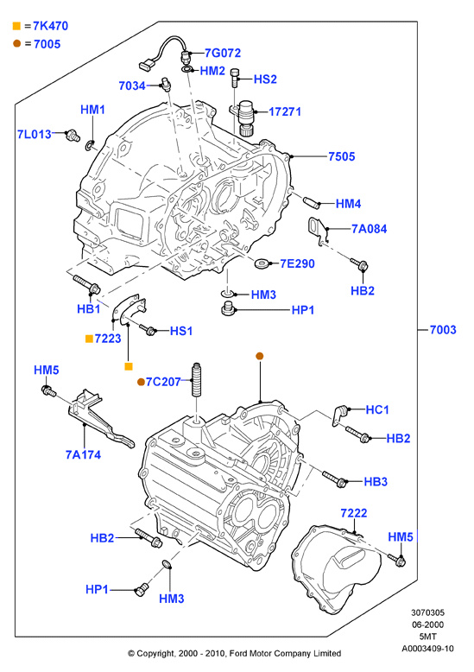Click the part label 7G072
click(223, 53)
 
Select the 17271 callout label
click(285, 111)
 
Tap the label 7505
click(342, 156)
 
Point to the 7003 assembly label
click(443, 330)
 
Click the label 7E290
click(297, 263)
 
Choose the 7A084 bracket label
click(369, 229)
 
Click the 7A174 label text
click(83, 454)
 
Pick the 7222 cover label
click(354, 513)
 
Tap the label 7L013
click(35, 134)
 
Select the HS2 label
click(265, 79)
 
